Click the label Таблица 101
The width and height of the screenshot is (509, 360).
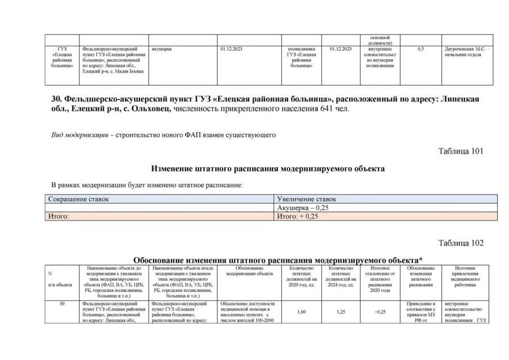pyautogui.click(x=461, y=151)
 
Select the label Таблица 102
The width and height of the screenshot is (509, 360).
pyautogui.click(x=461, y=243)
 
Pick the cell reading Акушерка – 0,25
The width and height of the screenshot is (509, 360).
pyautogui.click(x=303, y=208)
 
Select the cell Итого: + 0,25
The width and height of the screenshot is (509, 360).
pyautogui.click(x=298, y=216)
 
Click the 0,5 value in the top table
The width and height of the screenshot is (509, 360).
pyautogui.click(x=420, y=49)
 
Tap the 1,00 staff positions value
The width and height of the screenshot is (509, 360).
pyautogui.click(x=302, y=312)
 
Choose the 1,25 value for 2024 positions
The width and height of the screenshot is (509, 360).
pyautogui.click(x=341, y=312)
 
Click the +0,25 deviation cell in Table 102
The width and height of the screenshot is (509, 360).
pyautogui.click(x=380, y=312)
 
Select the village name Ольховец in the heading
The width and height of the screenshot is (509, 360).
pyautogui.click(x=150, y=109)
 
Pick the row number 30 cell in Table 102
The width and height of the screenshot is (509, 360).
pyautogui.click(x=62, y=304)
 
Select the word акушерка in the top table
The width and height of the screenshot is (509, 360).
pyautogui.click(x=161, y=49)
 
